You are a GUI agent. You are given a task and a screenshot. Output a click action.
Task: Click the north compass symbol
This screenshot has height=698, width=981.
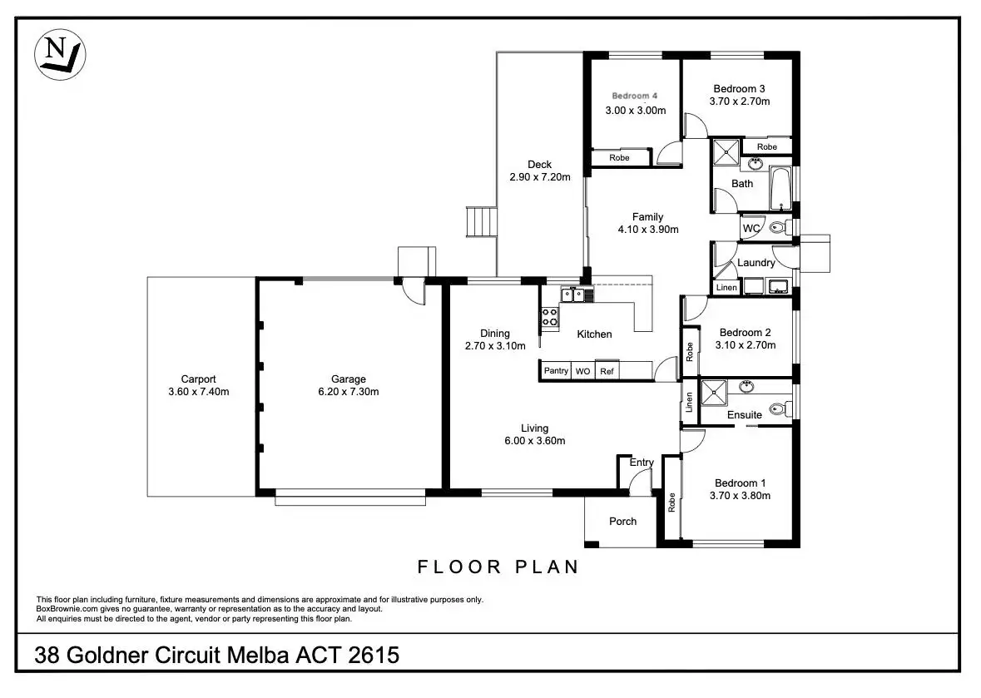pyautogui.click(x=59, y=55)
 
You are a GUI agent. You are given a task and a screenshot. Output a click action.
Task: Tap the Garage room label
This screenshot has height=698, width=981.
pyautogui.click(x=349, y=379)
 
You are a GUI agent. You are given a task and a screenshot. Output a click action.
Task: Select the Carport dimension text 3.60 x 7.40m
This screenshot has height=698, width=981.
pyautogui.click(x=198, y=392)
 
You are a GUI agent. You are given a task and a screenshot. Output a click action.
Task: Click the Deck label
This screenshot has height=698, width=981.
pyautogui.click(x=539, y=165)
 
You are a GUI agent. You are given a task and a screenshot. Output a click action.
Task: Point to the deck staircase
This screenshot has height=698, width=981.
pyautogui.click(x=481, y=222)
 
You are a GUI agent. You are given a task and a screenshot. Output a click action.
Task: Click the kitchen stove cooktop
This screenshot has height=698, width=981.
pyautogui.click(x=550, y=317)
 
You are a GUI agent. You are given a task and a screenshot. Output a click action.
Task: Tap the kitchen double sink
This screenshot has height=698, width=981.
pyautogui.click(x=573, y=294)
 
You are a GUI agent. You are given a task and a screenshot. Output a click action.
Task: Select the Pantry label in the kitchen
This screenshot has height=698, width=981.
pyautogui.click(x=556, y=371)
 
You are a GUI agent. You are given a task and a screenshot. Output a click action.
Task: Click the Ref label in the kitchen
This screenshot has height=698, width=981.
pyautogui.click(x=607, y=372)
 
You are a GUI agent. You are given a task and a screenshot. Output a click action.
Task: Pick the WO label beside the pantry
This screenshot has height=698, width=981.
pyautogui.click(x=582, y=372)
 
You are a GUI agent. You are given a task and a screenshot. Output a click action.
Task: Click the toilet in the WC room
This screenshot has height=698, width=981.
pyautogui.click(x=780, y=227)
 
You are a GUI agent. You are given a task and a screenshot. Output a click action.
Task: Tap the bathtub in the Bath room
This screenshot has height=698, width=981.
pyautogui.click(x=780, y=188)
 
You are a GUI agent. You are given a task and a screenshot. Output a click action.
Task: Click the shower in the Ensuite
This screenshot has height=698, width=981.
pyautogui.click(x=713, y=393)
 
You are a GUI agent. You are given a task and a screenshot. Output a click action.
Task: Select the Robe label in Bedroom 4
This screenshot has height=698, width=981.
pyautogui.click(x=619, y=157)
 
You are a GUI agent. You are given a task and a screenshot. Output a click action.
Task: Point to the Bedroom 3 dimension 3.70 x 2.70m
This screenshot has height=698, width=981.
pyautogui.click(x=740, y=101)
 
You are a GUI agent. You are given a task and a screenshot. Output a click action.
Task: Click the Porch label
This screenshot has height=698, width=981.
pyautogui.click(x=622, y=521)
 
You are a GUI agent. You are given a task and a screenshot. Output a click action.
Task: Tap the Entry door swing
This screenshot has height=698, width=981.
pyautogui.click(x=641, y=480)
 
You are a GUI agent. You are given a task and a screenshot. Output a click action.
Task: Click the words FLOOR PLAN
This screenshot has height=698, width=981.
pyautogui.click(x=498, y=567)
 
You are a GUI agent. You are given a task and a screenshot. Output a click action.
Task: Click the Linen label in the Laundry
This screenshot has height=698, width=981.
pyautogui.click(x=726, y=288)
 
